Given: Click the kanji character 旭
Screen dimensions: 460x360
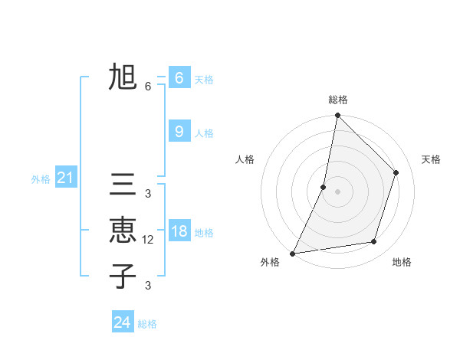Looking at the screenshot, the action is (123, 77).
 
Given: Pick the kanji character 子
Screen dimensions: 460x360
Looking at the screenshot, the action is (123, 275).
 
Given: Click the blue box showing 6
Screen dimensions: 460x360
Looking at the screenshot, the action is (179, 77).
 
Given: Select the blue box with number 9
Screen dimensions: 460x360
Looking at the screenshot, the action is (179, 132).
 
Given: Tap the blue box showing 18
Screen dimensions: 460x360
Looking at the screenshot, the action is (179, 231).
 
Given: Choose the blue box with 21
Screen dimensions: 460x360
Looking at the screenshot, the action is (66, 178).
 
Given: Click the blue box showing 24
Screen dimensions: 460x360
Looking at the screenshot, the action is (122, 322).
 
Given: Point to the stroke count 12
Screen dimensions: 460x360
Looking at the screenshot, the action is (149, 240).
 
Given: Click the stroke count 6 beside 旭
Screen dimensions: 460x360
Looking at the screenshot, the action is (148, 87).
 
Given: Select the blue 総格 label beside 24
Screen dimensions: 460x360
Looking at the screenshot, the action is (147, 324).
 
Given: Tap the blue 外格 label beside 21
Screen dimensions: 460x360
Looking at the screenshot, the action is (41, 180).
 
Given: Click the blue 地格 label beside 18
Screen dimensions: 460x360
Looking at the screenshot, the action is (204, 232).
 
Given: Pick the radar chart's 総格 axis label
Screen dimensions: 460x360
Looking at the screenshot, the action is (337, 100).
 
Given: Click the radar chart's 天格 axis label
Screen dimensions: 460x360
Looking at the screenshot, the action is (431, 159).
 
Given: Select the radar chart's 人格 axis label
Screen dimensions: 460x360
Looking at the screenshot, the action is (245, 159).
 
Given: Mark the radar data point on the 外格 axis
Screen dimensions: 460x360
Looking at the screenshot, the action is (292, 253).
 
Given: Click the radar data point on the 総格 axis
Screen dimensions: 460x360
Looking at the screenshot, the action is (337, 116).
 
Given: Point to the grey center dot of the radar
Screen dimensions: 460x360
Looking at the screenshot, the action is (337, 191).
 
